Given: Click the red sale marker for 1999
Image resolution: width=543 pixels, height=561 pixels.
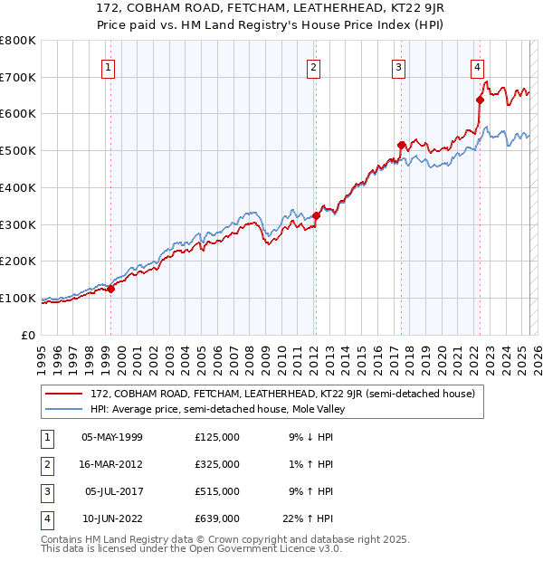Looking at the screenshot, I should point(110,289).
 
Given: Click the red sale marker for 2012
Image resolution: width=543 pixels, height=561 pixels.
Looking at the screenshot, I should point(316,215).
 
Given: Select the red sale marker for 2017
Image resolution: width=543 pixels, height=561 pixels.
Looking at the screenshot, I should point(400,145).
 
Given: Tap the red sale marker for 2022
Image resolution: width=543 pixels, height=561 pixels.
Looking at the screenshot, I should point(480,100).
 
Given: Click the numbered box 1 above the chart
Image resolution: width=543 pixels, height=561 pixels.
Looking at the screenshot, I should point(109,67).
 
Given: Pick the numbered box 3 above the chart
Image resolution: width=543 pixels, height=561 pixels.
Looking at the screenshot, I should point(398,67).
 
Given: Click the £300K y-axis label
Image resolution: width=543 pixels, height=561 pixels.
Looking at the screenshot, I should point(18,224).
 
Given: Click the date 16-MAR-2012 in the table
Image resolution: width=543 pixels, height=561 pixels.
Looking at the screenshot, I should point(112,464).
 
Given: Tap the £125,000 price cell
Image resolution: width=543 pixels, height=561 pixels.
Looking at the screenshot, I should point(217,437).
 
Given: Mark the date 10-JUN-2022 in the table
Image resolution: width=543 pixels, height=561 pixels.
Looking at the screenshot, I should point(112,518).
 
